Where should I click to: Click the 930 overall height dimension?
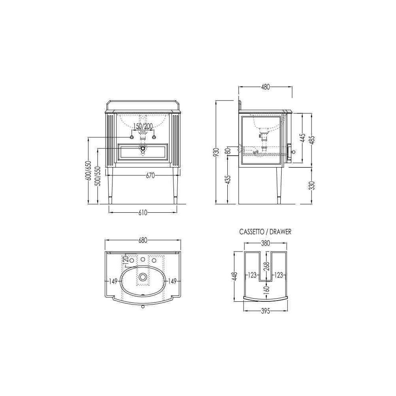(x=216, y=153)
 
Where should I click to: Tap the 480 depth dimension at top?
(x=265, y=87)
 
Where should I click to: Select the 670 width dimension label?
(x=150, y=175)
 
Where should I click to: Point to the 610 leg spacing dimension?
(x=143, y=213)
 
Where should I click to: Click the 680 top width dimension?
(x=143, y=241)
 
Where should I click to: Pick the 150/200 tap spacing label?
(x=143, y=126)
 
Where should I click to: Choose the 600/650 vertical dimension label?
(x=89, y=170)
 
